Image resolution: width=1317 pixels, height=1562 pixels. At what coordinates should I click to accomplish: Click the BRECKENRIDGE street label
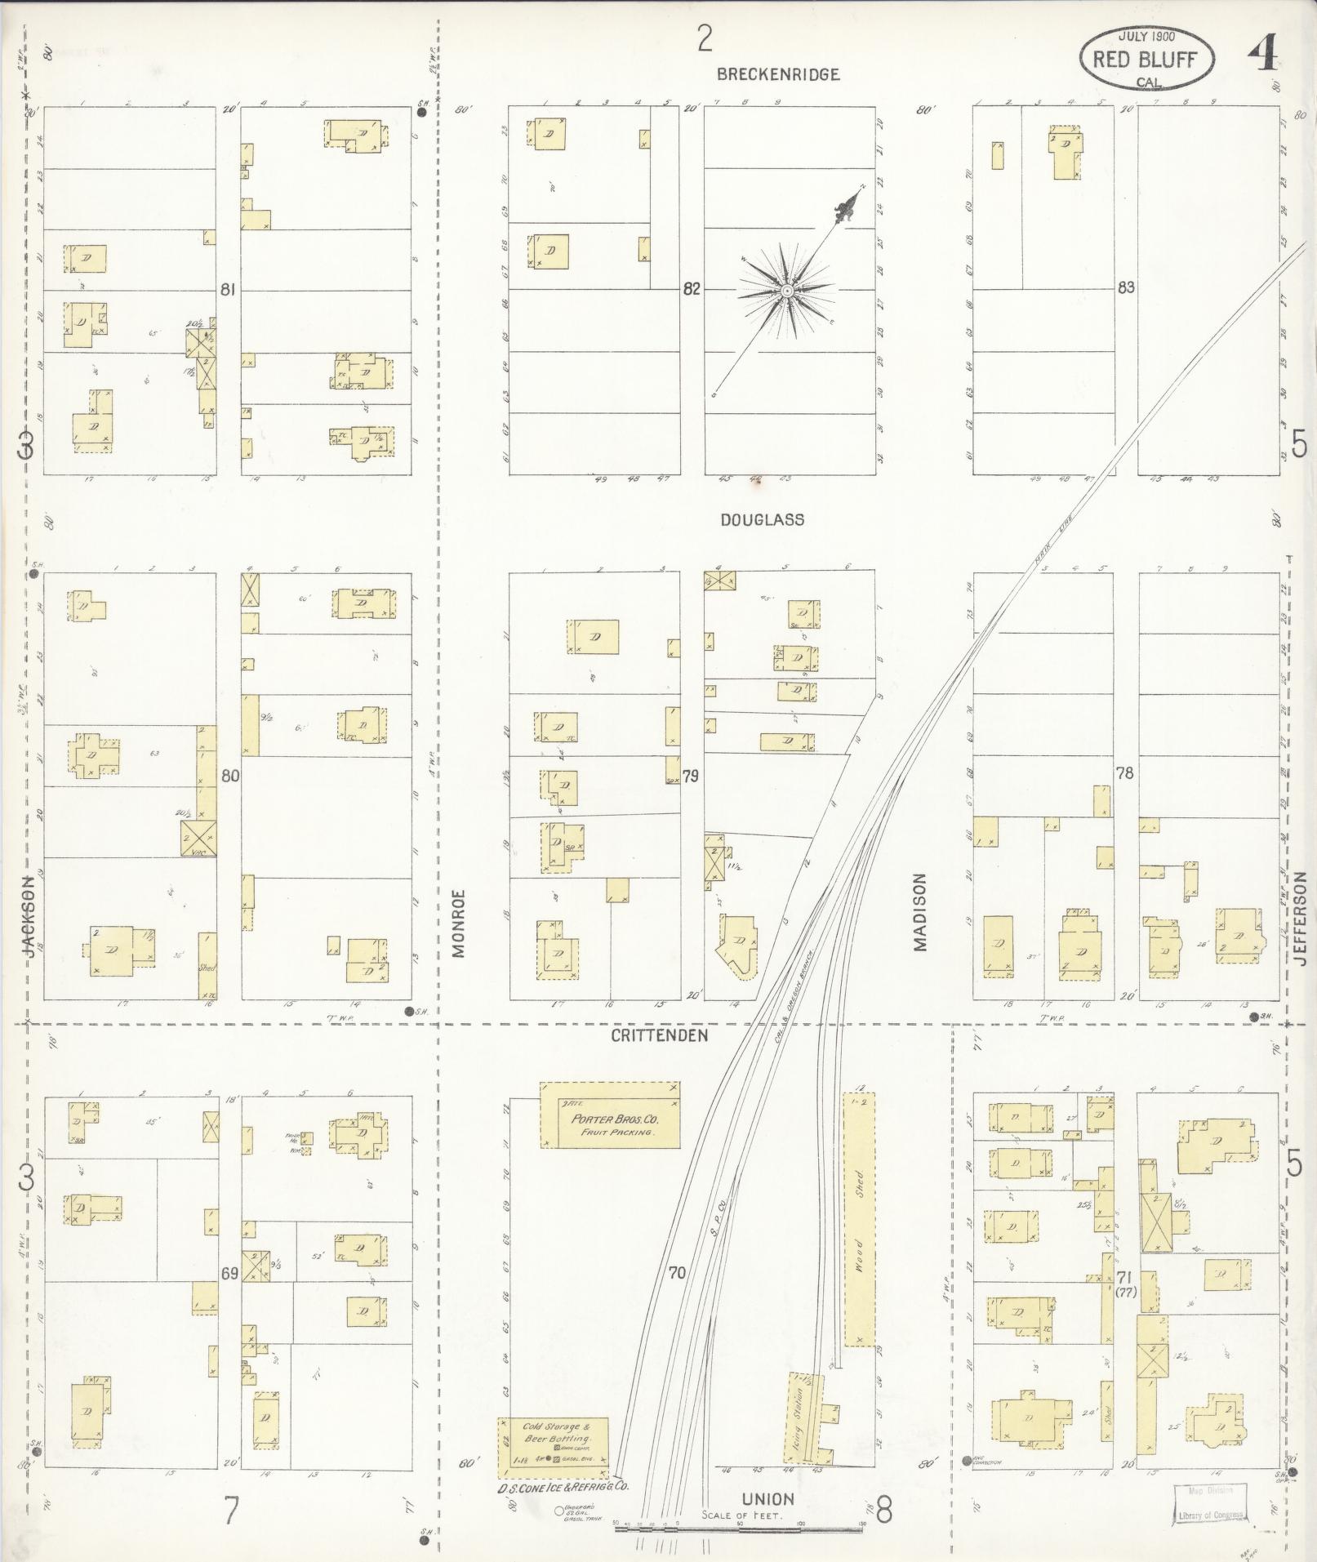(777, 74)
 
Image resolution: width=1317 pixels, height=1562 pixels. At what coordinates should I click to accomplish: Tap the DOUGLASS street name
(762, 519)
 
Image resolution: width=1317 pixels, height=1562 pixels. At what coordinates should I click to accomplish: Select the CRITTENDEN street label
(660, 1035)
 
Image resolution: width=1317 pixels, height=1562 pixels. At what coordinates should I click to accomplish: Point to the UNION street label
(768, 1498)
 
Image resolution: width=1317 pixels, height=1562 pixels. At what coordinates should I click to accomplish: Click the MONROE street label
(457, 923)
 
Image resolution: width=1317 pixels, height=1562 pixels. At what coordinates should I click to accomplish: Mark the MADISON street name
(921, 913)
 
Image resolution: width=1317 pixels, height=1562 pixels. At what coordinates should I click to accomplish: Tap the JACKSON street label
(29, 917)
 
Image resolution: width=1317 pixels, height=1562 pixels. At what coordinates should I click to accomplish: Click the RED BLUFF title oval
(1146, 59)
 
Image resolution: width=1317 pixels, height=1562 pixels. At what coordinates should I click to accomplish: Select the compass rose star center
(787, 291)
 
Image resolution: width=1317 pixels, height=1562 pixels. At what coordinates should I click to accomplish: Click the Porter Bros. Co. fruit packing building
(610, 1116)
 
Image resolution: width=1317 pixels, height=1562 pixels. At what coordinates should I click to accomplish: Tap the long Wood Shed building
(859, 1220)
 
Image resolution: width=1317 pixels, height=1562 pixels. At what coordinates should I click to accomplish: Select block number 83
(1126, 287)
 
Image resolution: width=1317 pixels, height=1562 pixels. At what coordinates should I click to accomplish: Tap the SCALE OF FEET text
(742, 1516)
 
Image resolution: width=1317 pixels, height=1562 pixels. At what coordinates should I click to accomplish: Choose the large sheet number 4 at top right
(1261, 57)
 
